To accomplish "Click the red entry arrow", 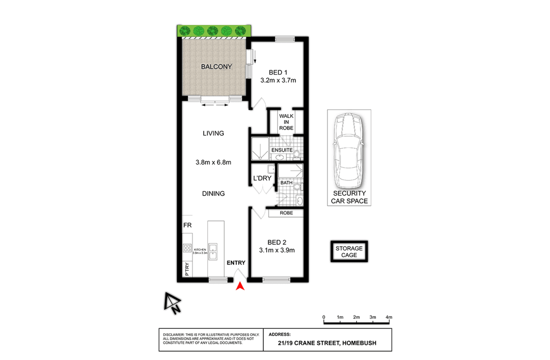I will pos(240,286).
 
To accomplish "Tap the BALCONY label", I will pos(216,67).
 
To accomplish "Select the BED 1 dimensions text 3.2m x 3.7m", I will pos(278,80).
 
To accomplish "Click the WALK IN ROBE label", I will pos(286,122).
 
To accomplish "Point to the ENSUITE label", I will pos(282,150).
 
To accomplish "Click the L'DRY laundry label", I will pos(262,178).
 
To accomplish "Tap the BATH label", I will pos(286,183).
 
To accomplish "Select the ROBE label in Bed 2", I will pos(286,213).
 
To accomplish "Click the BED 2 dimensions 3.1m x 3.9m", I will pos(277,250).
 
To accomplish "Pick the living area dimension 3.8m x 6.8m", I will pos(213,162).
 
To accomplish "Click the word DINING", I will pos(213,194).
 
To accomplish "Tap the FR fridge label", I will pos(187,225).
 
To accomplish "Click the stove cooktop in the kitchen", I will pos(187,247).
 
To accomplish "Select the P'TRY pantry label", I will pos(187,269).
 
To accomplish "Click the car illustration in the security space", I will pos(349,151).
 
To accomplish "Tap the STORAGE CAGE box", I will pos(349,252).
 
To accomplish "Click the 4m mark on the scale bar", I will pos(389,317).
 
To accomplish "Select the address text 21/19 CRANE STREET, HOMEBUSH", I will pos(327,343).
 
